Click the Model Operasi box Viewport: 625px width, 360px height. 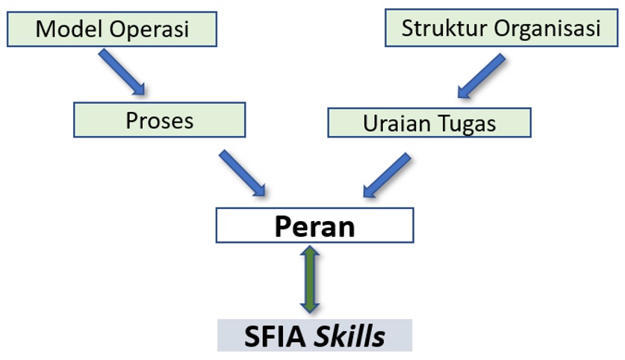point(112,29)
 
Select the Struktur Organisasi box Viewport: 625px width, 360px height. point(501,29)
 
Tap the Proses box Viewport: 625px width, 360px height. point(159,120)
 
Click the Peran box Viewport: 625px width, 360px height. point(314,226)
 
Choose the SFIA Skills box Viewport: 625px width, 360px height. point(314,335)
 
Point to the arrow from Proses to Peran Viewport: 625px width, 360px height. point(243,171)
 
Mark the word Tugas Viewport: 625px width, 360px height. point(466,124)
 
